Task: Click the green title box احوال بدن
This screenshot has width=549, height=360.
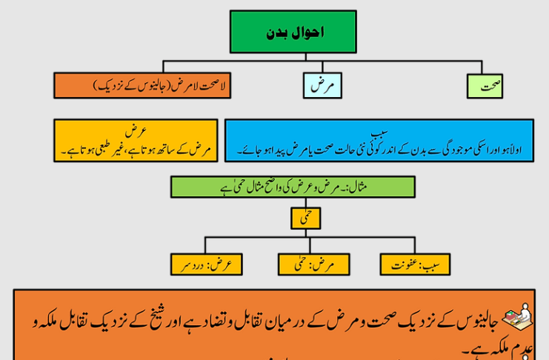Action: [293, 31]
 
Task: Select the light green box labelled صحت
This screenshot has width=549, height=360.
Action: [485, 86]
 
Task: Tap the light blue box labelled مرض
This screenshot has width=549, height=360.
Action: [322, 86]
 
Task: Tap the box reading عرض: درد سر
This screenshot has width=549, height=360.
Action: [206, 264]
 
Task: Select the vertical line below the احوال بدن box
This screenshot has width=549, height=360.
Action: [293, 56]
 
